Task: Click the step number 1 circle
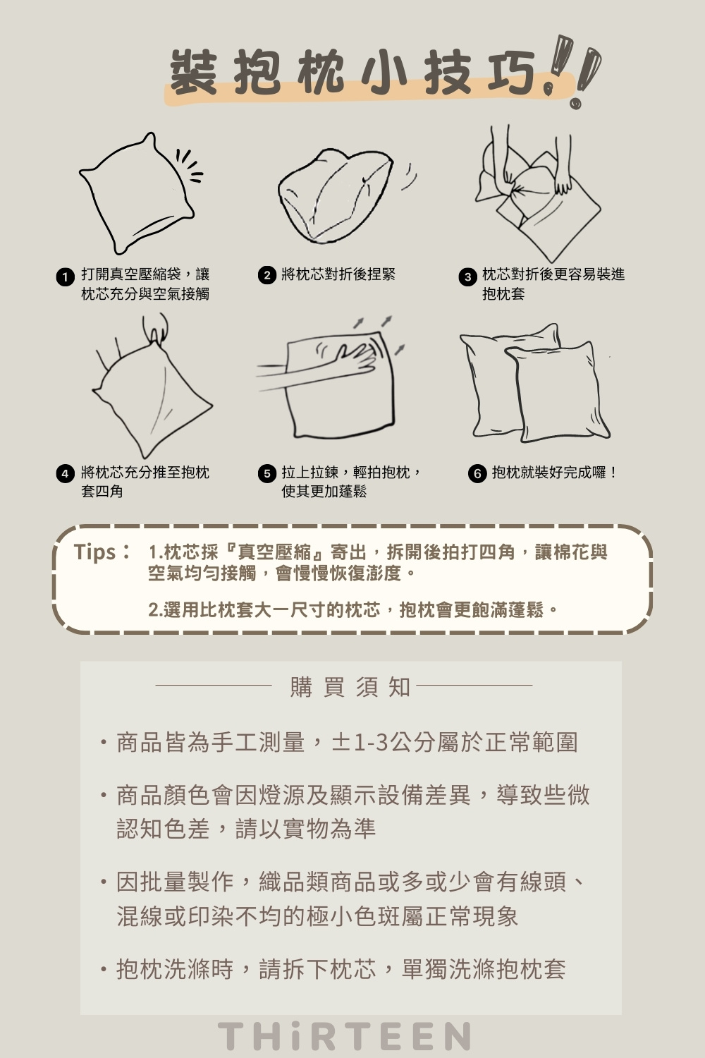(x=65, y=276)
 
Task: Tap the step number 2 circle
(x=266, y=276)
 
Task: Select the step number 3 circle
(x=467, y=276)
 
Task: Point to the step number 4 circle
(x=65, y=474)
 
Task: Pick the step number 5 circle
(x=266, y=474)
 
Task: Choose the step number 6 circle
(x=477, y=474)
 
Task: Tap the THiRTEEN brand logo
(x=344, y=1036)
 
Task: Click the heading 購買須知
(x=350, y=686)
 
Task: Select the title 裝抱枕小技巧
(x=352, y=73)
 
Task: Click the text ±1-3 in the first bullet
(x=359, y=743)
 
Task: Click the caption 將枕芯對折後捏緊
(x=338, y=274)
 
